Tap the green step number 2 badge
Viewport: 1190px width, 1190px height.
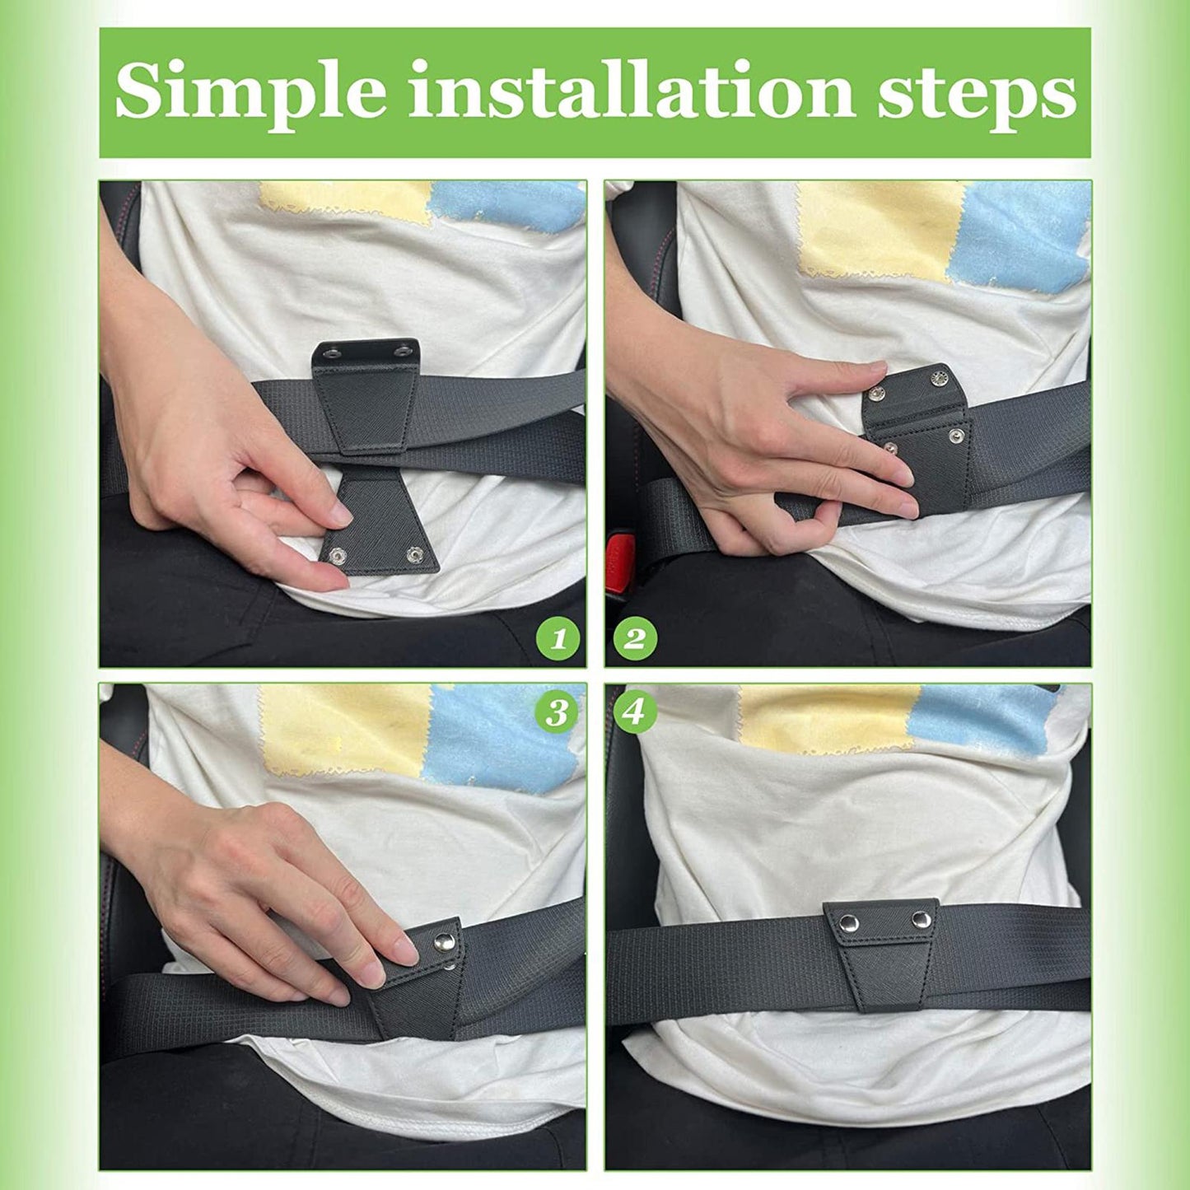[x=633, y=638]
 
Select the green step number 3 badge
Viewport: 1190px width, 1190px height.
[x=557, y=712]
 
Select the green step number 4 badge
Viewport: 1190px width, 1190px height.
[x=633, y=712]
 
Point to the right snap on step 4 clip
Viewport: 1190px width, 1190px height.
[x=919, y=918]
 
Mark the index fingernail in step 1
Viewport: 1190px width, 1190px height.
[x=338, y=516]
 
